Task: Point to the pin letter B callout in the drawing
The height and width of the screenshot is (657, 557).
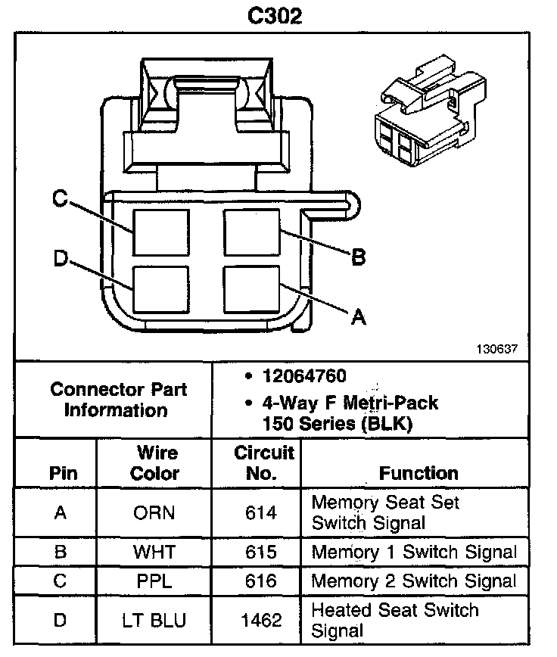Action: pyautogui.click(x=358, y=257)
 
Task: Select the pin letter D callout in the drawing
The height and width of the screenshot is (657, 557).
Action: pyautogui.click(x=61, y=259)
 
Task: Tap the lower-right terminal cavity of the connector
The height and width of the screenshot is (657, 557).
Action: pyautogui.click(x=252, y=288)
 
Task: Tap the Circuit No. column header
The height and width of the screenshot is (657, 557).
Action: pyautogui.click(x=263, y=463)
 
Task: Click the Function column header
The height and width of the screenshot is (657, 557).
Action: pyautogui.click(x=419, y=473)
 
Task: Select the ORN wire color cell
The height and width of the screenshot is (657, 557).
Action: pyautogui.click(x=154, y=512)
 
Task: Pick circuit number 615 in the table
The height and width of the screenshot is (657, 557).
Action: pyautogui.click(x=261, y=551)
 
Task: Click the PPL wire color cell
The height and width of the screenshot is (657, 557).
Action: pyautogui.click(x=154, y=581)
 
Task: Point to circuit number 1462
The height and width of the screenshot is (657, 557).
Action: pyautogui.click(x=261, y=620)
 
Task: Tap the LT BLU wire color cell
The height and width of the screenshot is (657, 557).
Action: pyautogui.click(x=154, y=620)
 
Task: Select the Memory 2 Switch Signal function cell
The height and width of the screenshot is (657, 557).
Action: pyautogui.click(x=413, y=581)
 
